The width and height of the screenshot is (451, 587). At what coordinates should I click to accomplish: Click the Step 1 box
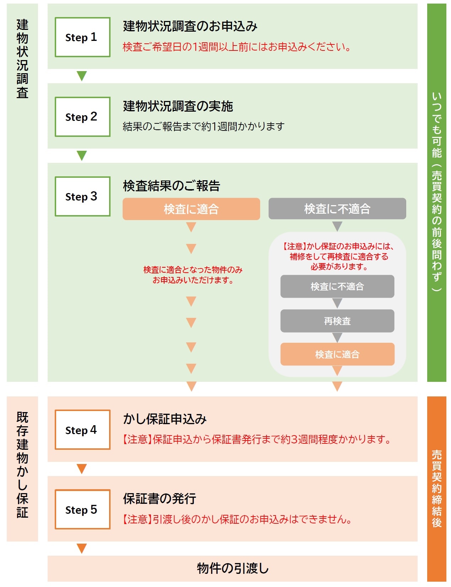pyautogui.click(x=82, y=37)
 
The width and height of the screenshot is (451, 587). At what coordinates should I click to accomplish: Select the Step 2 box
pyautogui.click(x=82, y=117)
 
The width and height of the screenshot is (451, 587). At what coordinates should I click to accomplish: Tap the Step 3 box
pyautogui.click(x=82, y=196)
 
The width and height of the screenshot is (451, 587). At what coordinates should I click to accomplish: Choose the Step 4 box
pyautogui.click(x=82, y=430)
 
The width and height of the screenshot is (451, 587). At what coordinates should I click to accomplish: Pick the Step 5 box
pyautogui.click(x=82, y=509)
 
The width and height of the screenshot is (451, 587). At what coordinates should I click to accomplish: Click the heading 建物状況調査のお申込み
pyautogui.click(x=190, y=26)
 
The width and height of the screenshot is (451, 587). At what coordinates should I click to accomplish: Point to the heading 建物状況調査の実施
pyautogui.click(x=178, y=106)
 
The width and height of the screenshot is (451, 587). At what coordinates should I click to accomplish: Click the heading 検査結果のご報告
pyautogui.click(x=172, y=186)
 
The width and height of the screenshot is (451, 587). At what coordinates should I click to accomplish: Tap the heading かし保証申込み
pyautogui.click(x=165, y=419)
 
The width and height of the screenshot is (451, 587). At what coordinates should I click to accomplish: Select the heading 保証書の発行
pyautogui.click(x=160, y=499)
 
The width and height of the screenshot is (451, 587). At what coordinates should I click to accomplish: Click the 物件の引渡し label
pyautogui.click(x=233, y=568)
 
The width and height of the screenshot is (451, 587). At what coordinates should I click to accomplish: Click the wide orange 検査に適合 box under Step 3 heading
pyautogui.click(x=191, y=209)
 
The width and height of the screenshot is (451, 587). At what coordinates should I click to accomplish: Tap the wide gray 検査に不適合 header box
pyautogui.click(x=337, y=209)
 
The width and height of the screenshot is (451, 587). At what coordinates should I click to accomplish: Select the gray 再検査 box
pyautogui.click(x=337, y=321)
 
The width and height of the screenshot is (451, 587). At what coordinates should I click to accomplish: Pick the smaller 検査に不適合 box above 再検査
pyautogui.click(x=337, y=287)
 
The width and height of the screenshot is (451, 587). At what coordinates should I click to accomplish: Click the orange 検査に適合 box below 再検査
pyautogui.click(x=337, y=354)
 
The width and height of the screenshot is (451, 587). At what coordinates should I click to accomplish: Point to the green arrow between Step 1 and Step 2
pyautogui.click(x=82, y=76)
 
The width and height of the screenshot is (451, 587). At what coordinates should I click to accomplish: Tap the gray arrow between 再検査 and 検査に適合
pyautogui.click(x=337, y=337)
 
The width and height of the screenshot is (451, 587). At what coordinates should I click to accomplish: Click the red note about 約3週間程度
pyautogui.click(x=257, y=440)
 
